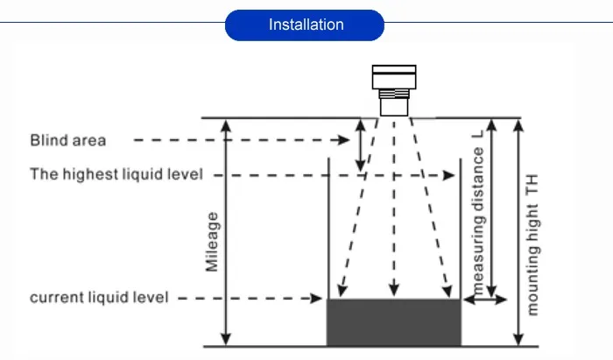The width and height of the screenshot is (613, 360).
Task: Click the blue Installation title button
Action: click(305, 25)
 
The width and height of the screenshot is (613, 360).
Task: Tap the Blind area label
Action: click(68, 140)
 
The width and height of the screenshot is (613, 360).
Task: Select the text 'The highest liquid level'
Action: click(116, 174)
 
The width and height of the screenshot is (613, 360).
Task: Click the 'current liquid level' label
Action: click(99, 298)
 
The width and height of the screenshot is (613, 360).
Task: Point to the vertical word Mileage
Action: click(212, 242)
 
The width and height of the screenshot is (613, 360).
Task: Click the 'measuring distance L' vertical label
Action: click(478, 213)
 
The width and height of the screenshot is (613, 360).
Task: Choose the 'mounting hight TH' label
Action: click(532, 244)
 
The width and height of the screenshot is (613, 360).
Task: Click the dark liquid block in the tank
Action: click(394, 322)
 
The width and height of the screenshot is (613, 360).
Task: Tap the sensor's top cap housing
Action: click(394, 77)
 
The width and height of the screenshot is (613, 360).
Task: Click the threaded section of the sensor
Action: click(394, 94)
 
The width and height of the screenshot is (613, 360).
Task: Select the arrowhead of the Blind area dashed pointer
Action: click(344, 140)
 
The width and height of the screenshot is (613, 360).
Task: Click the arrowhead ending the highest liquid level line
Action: click(448, 175)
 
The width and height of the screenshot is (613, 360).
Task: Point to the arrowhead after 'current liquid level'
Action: click(316, 299)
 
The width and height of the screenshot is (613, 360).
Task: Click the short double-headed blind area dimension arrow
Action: click(361, 145)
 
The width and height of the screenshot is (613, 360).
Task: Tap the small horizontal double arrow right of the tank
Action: click(485, 300)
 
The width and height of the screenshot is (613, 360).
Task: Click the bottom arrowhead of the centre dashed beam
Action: click(394, 290)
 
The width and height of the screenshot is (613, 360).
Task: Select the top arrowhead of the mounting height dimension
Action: click(518, 125)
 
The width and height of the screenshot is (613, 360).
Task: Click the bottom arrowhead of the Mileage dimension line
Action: click(226, 339)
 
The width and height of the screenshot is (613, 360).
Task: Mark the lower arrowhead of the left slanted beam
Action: click(342, 291)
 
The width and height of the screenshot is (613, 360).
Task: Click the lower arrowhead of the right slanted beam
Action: click(447, 291)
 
